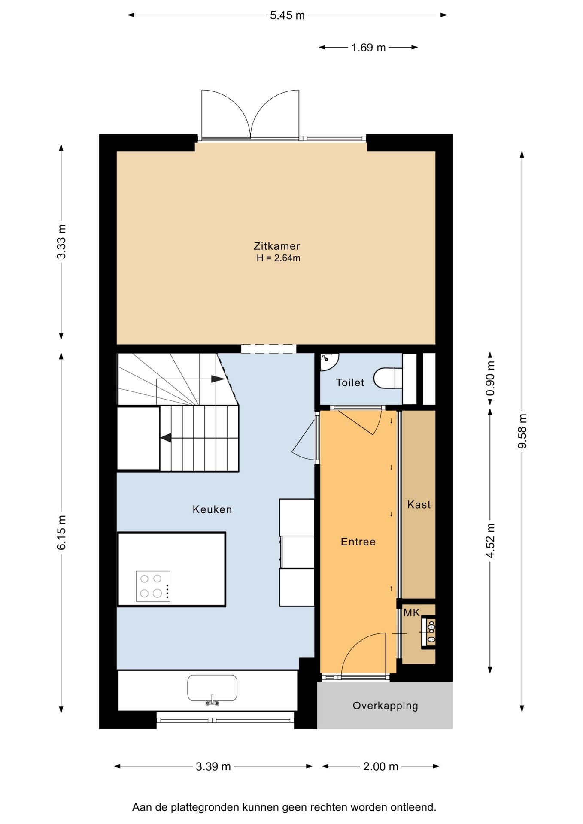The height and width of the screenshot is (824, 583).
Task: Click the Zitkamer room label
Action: (x=276, y=246)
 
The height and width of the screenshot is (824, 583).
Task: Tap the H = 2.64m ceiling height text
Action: (x=278, y=258)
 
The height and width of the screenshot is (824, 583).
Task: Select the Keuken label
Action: (x=212, y=509)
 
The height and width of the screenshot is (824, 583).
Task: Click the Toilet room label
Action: (x=350, y=382)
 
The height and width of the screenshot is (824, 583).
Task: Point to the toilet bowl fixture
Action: (x=388, y=378)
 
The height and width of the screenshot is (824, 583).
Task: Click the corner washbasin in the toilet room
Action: (x=329, y=360)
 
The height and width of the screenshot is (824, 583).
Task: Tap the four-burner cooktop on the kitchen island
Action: (x=153, y=586)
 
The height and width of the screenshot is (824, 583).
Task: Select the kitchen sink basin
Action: (x=212, y=688)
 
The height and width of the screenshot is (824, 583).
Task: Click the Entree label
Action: (x=358, y=542)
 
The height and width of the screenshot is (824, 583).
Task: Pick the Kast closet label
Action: (x=419, y=504)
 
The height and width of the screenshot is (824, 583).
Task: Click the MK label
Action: (x=411, y=613)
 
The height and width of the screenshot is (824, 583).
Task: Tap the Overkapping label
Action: (x=385, y=706)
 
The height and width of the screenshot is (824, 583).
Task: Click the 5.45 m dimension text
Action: (x=287, y=15)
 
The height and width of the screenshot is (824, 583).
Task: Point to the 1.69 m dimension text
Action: (x=368, y=48)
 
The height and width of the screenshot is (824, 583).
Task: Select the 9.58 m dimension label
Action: (x=522, y=431)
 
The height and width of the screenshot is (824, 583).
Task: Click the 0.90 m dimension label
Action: (x=490, y=378)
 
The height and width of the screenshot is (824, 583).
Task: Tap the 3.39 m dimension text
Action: (x=213, y=766)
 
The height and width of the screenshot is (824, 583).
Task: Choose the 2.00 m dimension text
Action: (x=381, y=766)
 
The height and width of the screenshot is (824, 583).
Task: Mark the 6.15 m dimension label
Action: (x=61, y=532)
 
